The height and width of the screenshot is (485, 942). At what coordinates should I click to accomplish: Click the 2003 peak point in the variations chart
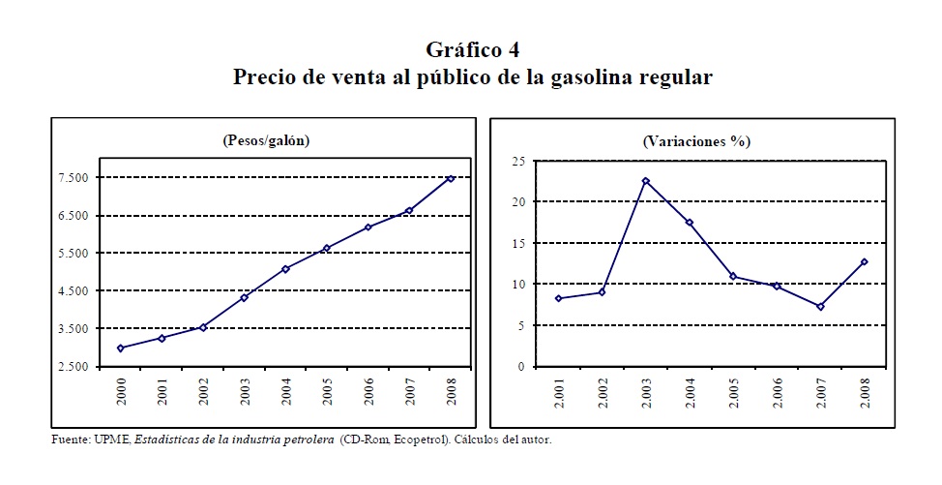[x=645, y=181]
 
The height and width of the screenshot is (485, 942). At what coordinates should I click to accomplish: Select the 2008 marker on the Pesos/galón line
[x=451, y=178]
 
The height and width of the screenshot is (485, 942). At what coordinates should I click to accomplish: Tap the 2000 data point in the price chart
[x=120, y=348]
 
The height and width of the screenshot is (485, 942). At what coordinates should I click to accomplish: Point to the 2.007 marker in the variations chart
[x=819, y=307]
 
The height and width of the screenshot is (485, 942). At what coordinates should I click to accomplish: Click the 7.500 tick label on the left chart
[x=74, y=178]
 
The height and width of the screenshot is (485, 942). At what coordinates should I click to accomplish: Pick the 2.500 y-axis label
[x=74, y=367]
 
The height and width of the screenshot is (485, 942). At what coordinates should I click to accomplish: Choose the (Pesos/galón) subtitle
[x=266, y=140]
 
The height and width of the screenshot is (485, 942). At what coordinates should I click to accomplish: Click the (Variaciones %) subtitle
[x=696, y=140]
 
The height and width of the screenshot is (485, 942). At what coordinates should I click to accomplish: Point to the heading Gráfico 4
[x=472, y=50]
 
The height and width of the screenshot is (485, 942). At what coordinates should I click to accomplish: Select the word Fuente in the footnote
[x=71, y=440]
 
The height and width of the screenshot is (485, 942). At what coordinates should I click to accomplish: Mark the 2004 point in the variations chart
[x=689, y=223]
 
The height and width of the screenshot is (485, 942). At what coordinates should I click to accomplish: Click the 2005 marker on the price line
[x=327, y=248]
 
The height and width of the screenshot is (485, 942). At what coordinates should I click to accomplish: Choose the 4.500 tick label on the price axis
[x=74, y=291]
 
